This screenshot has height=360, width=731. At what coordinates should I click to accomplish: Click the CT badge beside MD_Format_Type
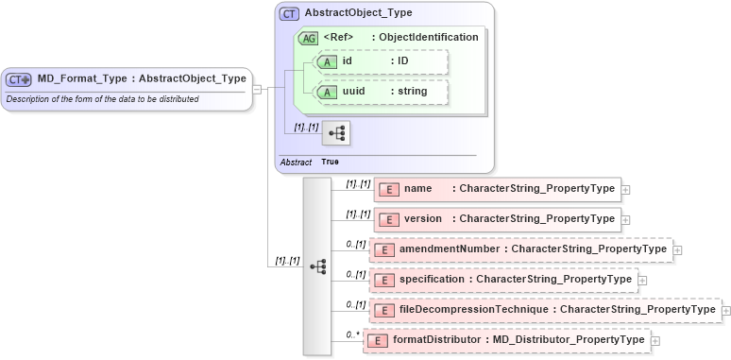[20, 79]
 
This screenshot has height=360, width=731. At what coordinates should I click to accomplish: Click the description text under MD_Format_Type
[102, 99]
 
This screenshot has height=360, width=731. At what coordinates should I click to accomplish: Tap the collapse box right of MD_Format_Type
[258, 89]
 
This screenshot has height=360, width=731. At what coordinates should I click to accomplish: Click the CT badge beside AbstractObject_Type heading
[289, 14]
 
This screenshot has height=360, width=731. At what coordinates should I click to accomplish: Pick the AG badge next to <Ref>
[309, 38]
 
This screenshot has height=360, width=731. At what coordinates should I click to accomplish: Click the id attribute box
[382, 61]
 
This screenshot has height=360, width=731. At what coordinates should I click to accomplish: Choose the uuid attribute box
[382, 93]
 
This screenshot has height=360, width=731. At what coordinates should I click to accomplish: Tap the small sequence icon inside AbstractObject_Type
[335, 133]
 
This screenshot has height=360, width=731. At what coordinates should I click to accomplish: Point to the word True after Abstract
[330, 163]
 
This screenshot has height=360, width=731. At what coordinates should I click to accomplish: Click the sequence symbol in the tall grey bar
[317, 267]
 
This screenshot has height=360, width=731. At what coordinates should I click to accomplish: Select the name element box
[498, 189]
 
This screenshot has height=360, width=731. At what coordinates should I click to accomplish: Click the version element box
[498, 219]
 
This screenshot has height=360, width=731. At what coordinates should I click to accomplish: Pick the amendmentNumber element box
[520, 249]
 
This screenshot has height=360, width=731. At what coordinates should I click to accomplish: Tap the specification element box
[503, 280]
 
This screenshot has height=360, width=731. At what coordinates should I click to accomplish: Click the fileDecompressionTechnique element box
[545, 310]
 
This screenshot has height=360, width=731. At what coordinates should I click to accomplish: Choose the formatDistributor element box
[510, 340]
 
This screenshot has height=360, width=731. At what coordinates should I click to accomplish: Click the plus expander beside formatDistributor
[655, 340]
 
